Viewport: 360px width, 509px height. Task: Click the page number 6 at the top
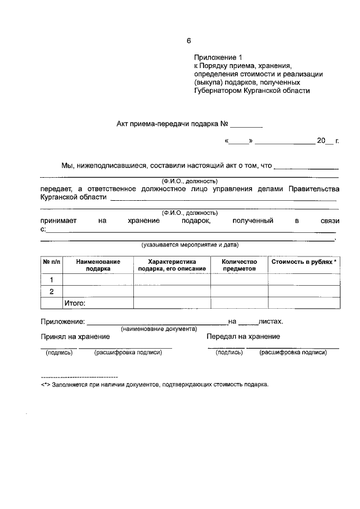pyautogui.click(x=190, y=40)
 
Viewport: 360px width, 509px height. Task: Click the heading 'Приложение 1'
pyautogui.click(x=217, y=57)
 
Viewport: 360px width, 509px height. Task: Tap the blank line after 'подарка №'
pyautogui.click(x=246, y=123)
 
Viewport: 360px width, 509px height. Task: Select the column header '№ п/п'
pyautogui.click(x=51, y=262)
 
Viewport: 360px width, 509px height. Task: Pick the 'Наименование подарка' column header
pyautogui.click(x=98, y=265)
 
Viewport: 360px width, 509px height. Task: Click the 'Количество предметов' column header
pyautogui.click(x=239, y=265)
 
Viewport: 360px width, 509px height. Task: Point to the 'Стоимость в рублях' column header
pyautogui.click(x=304, y=262)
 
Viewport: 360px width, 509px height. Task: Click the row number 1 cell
pyautogui.click(x=52, y=280)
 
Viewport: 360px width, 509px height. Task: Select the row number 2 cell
pyautogui.click(x=52, y=291)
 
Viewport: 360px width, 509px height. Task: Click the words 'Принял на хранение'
pyautogui.click(x=75, y=336)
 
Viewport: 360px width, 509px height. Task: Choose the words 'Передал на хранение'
pyautogui.click(x=243, y=336)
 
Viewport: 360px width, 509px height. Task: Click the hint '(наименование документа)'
pyautogui.click(x=159, y=328)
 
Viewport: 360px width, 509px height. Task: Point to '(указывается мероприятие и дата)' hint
pyautogui.click(x=190, y=245)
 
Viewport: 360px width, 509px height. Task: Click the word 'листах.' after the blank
pyautogui.click(x=271, y=322)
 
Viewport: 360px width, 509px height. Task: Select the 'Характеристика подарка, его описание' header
pyautogui.click(x=172, y=265)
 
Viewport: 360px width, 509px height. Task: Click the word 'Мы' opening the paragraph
pyautogui.click(x=67, y=166)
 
